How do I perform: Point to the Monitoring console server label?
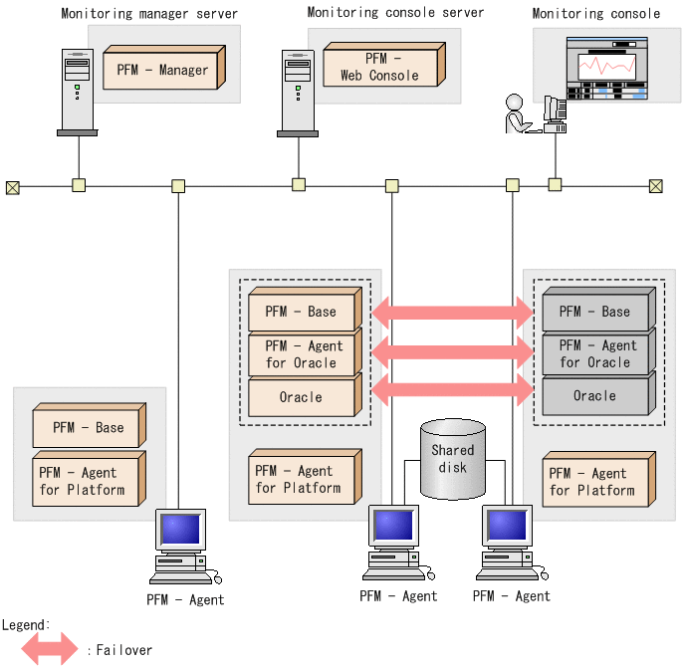395,13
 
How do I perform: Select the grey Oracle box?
594,395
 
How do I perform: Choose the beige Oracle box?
301,397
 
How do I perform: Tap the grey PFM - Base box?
594,312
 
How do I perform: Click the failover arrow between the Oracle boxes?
453,389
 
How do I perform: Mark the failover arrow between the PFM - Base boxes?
453,313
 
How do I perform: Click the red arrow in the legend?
49,649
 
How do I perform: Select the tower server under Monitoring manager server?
77,92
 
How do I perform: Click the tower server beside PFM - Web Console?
298,92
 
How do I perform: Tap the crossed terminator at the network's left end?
13,186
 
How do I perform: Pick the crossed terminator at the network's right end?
655,186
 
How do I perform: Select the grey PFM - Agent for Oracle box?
594,353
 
